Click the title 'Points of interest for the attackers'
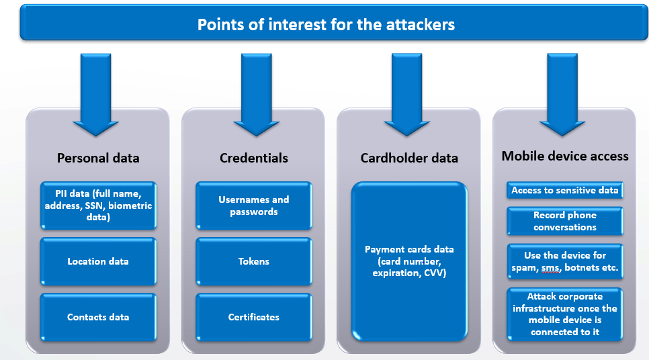pyautogui.click(x=326, y=25)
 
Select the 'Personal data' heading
pyautogui.click(x=98, y=159)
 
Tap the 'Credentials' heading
pyautogui.click(x=254, y=159)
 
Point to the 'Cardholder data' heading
pyautogui.click(x=409, y=159)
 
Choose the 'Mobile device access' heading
pyautogui.click(x=565, y=156)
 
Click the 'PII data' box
pyautogui.click(x=98, y=206)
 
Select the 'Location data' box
pyautogui.click(x=98, y=261)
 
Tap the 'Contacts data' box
pyautogui.click(x=98, y=317)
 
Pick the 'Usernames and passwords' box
pyautogui.click(x=254, y=206)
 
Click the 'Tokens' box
pyautogui.click(x=254, y=261)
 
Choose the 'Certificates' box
pyautogui.click(x=254, y=317)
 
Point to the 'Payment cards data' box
pyautogui.click(x=409, y=261)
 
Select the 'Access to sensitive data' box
pyautogui.click(x=565, y=191)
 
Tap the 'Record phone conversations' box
pyautogui.click(x=565, y=221)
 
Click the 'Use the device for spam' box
pyautogui.click(x=565, y=262)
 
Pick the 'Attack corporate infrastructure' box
pyautogui.click(x=565, y=314)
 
